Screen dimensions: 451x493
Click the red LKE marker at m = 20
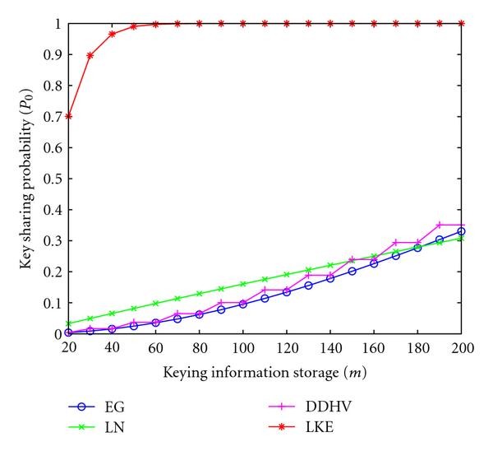(x=69, y=116)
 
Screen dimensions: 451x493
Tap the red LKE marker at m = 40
(x=113, y=34)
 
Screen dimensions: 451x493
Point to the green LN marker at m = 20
(x=69, y=323)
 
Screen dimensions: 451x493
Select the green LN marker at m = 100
(x=243, y=284)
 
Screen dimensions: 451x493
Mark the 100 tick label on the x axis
(x=243, y=349)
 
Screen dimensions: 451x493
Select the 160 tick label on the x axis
(x=374, y=349)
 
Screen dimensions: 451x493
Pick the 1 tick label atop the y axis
(x=56, y=24)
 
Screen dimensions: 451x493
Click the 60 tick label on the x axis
(x=156, y=349)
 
